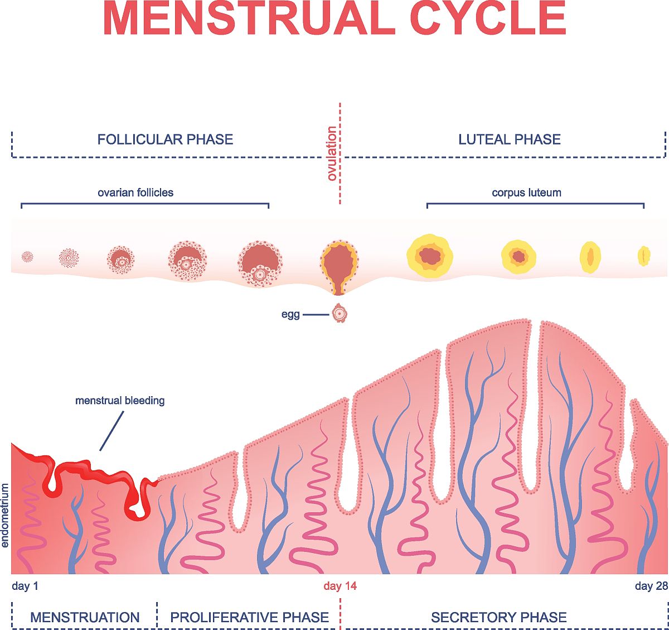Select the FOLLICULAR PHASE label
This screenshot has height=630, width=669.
coord(165,140)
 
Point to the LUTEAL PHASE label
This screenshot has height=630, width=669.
coord(510,140)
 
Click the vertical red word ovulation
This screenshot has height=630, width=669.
coord(332,153)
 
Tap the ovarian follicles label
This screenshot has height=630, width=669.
coord(135,193)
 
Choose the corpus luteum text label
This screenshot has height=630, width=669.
coord(526,193)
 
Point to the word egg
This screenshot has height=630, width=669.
coord(290,315)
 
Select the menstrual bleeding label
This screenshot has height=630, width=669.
coord(120,401)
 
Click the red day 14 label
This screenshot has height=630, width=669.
coord(340,586)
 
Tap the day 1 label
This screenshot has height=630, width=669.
coord(25,586)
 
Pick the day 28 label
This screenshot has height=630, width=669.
coord(651,586)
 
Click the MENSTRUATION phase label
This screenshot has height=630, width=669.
coord(85,617)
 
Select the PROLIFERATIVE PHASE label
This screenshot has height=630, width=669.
coord(249,617)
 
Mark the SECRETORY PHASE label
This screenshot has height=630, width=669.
coord(499,617)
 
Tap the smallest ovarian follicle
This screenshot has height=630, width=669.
coord(27,257)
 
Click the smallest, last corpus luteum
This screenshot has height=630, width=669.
coord(644,256)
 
